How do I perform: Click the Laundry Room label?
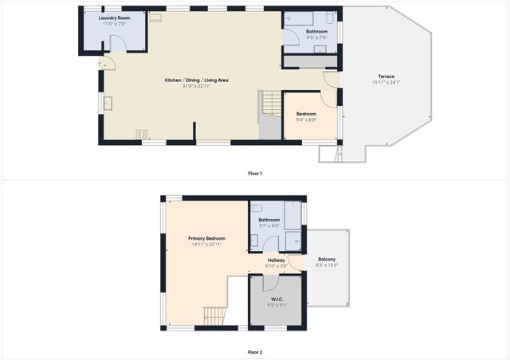click(x=115, y=18)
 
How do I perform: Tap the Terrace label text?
click(x=386, y=77)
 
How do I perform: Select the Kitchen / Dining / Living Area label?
click(x=196, y=80)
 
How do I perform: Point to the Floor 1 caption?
click(x=254, y=173)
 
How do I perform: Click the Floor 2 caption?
click(x=254, y=351)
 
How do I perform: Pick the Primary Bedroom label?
click(x=206, y=238)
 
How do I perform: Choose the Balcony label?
click(x=327, y=260)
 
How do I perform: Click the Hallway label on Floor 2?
click(x=277, y=260)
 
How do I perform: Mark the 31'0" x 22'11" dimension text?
click(x=196, y=86)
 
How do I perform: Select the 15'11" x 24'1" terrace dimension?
click(x=386, y=83)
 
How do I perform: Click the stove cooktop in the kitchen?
click(x=142, y=134)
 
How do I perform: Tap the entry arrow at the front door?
click(x=99, y=63)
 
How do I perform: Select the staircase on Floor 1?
click(x=271, y=104)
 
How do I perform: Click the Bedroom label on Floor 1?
click(x=306, y=114)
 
